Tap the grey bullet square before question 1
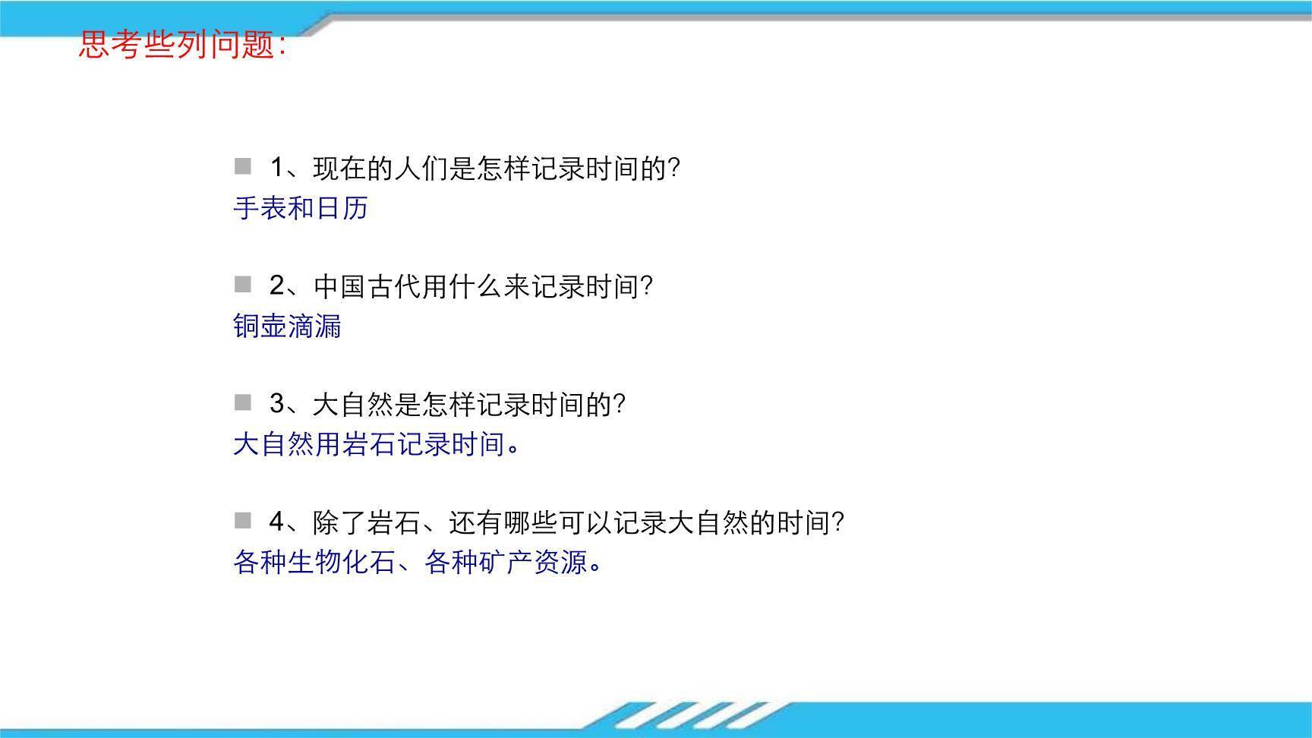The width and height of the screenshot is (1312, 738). [242, 166]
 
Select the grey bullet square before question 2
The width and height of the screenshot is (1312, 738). [242, 285]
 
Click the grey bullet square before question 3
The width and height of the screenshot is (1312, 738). [242, 402]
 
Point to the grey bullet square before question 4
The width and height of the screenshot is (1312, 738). [242, 521]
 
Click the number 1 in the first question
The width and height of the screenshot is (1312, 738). [277, 168]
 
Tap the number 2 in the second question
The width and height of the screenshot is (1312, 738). [277, 286]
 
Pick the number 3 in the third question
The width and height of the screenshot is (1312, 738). [277, 404]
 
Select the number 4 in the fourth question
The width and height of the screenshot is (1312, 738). [277, 522]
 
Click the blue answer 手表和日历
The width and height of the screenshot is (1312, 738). [301, 208]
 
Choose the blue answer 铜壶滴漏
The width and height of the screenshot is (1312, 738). [287, 326]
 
